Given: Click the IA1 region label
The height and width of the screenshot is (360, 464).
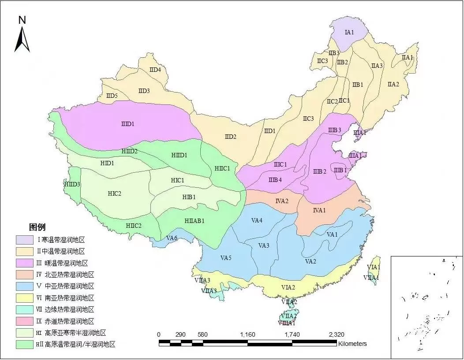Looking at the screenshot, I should coord(349,32).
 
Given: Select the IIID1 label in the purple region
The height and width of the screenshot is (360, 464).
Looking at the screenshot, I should coord(127,124).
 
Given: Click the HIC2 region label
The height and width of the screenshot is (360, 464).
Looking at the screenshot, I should coord(114,193).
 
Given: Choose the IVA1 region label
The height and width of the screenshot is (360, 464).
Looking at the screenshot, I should coord(319,210).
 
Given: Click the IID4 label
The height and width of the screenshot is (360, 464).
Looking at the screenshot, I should coord(155,70).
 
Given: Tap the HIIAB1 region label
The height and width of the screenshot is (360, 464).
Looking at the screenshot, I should coord(194,221).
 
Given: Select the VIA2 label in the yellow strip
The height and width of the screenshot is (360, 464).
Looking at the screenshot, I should coord(288,287).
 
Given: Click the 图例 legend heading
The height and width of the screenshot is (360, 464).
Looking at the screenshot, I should coord(37,227).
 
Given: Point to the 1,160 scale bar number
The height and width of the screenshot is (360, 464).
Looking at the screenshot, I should coord(247,334).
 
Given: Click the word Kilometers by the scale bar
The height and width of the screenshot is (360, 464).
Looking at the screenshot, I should coord(352,344).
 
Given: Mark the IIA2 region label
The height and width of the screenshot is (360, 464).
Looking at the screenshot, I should coord(393,84).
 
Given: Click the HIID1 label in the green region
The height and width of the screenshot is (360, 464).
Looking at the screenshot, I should coord(179,155).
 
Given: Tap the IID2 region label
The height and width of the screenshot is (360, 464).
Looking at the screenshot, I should coord(231,137).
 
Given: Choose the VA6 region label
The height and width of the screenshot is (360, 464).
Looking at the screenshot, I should coord(172,238).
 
